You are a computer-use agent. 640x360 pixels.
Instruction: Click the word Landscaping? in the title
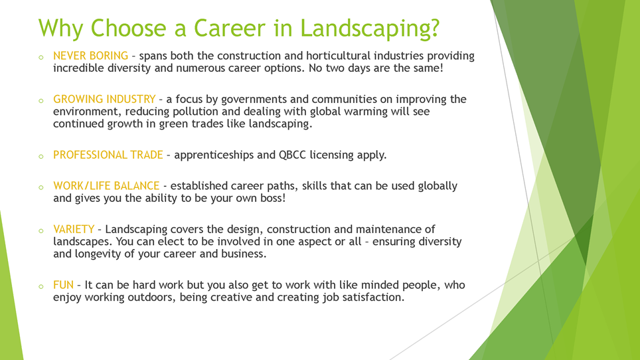pos(369,28)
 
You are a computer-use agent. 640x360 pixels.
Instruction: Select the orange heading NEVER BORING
pos(90,56)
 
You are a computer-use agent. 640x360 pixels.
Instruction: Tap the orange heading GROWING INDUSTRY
pos(104,100)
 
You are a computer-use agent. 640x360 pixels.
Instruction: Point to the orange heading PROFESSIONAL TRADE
pos(108,155)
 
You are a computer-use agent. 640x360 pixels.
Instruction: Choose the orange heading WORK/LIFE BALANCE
pos(106,186)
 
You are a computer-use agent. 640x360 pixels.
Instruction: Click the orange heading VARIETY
pos(74,230)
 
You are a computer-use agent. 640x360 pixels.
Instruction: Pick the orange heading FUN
pos(63,286)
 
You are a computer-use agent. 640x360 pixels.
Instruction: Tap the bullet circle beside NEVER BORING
pos(40,58)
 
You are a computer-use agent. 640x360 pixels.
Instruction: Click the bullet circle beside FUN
pos(40,287)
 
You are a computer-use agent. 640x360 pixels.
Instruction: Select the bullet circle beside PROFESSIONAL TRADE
pos(40,157)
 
